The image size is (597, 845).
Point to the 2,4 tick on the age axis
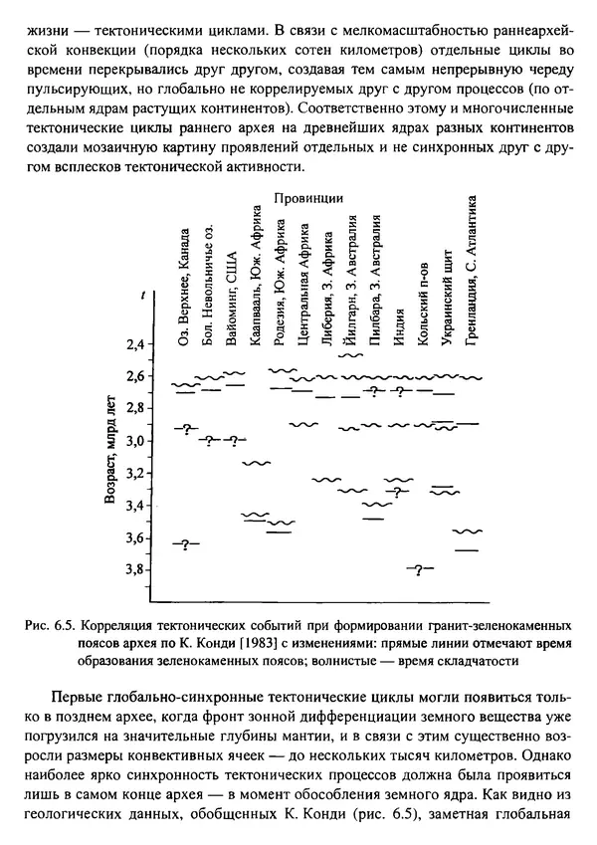[x=131, y=344]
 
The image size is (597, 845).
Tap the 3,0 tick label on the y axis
[x=131, y=441]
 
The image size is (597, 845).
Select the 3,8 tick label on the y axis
[x=131, y=570]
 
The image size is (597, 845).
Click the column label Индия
[x=399, y=319]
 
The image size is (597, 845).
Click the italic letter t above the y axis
[x=145, y=295]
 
